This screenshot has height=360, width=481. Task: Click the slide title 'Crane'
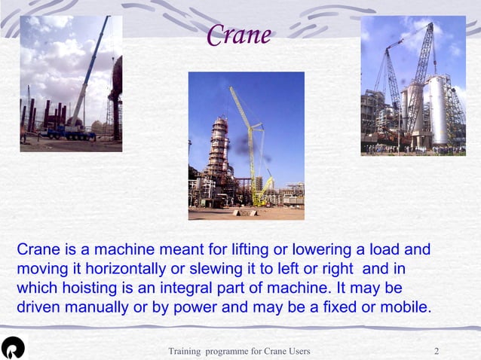click(x=238, y=35)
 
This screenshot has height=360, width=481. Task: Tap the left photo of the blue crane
click(x=71, y=83)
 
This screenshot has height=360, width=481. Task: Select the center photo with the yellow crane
click(x=246, y=145)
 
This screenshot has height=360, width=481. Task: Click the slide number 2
click(x=437, y=352)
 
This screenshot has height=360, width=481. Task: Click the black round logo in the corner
click(x=13, y=347)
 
